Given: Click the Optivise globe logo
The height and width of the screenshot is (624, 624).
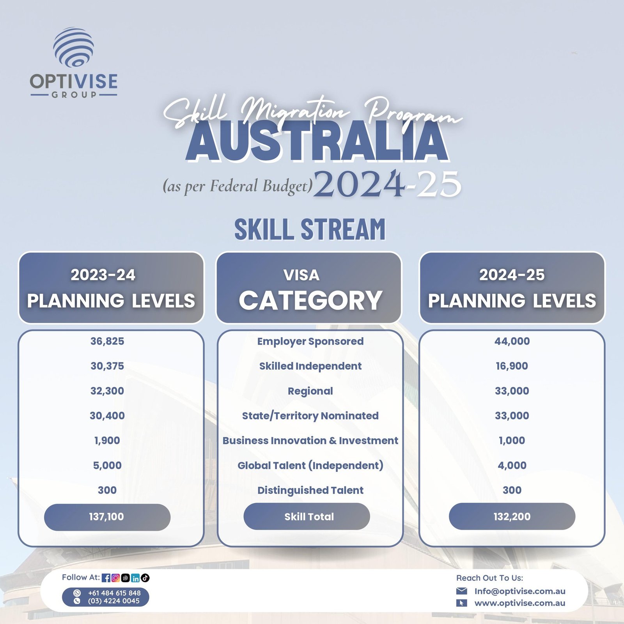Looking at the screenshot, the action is click(x=73, y=47).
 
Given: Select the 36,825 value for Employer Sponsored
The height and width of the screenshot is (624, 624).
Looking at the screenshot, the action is click(x=107, y=341).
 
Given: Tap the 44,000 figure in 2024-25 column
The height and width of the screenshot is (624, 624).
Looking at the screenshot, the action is click(x=512, y=341).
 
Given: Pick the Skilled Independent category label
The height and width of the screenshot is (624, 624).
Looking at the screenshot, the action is click(x=310, y=366).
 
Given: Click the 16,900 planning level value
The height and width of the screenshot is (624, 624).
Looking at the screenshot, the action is click(x=512, y=366).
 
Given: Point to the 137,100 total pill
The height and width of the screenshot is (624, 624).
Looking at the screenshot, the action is click(x=107, y=517).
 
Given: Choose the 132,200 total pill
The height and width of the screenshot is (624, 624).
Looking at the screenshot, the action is click(x=512, y=516).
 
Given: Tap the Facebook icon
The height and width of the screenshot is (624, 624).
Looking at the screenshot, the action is click(x=106, y=578).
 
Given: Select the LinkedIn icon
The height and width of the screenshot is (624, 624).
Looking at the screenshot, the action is click(x=135, y=578).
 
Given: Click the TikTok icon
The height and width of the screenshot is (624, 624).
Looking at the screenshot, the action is click(x=145, y=578).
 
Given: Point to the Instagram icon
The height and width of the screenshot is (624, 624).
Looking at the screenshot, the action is click(x=115, y=578).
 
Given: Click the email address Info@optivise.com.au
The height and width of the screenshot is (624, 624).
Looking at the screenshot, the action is click(x=520, y=591).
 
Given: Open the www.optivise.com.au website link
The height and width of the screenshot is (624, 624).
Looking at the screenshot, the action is click(x=520, y=603).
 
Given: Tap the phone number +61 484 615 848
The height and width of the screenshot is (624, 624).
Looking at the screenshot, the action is click(x=114, y=593).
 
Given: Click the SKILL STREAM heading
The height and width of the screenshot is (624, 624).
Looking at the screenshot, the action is click(x=310, y=229).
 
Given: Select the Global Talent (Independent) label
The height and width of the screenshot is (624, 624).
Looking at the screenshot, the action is click(x=310, y=466).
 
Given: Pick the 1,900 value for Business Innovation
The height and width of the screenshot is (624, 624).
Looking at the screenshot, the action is click(x=107, y=441).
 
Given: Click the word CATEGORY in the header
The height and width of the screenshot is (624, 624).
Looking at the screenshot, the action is click(x=310, y=300).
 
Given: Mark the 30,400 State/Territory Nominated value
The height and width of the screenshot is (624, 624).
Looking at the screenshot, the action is click(x=107, y=416).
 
